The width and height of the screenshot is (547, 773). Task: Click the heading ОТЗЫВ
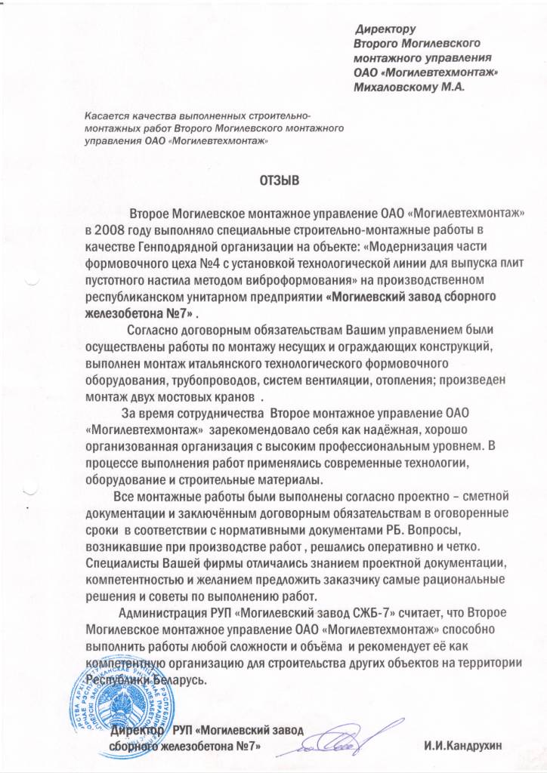[280, 181]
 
